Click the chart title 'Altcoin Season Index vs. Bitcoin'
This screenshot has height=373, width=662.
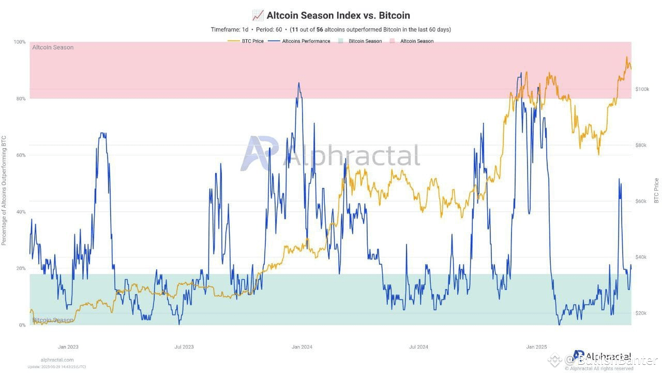click(338, 16)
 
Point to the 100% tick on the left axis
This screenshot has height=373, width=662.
click(19, 42)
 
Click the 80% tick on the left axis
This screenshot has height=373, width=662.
click(20, 98)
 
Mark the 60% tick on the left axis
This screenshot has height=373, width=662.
click(20, 155)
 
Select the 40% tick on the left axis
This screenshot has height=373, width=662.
click(20, 212)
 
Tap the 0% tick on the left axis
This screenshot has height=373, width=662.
click(22, 325)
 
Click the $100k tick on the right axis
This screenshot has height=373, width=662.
click(641, 89)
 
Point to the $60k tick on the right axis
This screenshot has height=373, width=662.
click(641, 201)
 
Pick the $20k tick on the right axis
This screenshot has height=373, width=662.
click(641, 313)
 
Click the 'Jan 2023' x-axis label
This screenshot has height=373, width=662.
click(68, 347)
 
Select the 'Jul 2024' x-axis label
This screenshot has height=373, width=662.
click(418, 347)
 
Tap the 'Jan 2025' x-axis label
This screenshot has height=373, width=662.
click(536, 347)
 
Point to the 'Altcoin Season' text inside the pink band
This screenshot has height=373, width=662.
click(53, 48)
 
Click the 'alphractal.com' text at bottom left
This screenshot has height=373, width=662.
click(57, 360)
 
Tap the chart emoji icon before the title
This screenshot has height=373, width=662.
click(258, 16)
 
